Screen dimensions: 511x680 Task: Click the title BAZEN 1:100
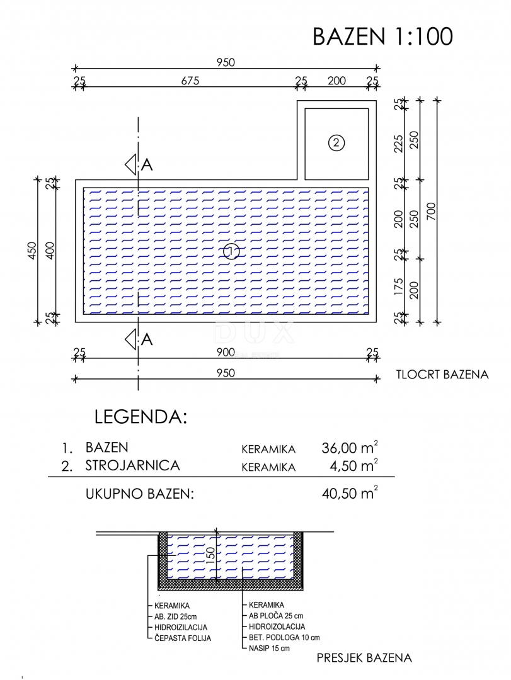382,37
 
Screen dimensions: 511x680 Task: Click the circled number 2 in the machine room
336,143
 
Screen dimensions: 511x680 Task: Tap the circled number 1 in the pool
231,251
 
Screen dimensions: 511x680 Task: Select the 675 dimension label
190,81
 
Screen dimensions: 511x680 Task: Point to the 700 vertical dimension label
431,211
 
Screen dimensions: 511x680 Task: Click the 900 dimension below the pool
226,352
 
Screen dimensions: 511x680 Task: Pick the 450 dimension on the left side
33,251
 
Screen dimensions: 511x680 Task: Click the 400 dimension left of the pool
50,251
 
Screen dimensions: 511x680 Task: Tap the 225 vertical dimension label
399,144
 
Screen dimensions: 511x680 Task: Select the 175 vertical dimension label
399,287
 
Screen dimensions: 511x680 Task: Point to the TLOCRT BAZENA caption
442,375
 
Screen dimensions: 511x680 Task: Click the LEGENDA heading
141,417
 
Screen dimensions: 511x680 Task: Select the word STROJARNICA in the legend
132,465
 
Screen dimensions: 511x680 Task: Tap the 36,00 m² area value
350,447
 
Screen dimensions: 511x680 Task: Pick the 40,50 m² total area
350,492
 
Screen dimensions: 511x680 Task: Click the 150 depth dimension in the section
210,555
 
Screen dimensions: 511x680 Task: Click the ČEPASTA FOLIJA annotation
183,638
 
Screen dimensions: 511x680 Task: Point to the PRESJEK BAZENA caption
364,658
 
